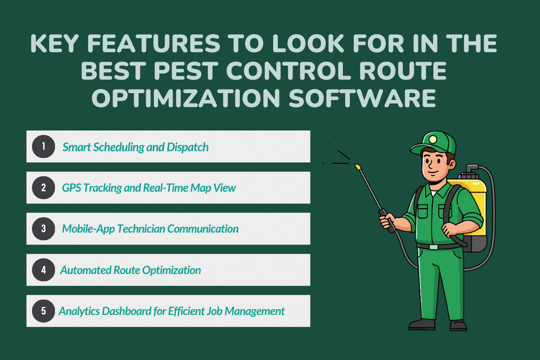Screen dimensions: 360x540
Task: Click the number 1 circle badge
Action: [44, 146]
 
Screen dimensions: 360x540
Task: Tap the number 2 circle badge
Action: [44, 188]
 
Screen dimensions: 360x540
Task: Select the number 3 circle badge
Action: [44, 229]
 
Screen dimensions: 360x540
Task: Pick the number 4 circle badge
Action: [44, 270]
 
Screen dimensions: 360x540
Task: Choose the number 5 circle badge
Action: [44, 311]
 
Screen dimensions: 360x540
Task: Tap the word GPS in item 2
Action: [72, 188]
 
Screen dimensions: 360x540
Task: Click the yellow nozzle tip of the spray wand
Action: [358, 167]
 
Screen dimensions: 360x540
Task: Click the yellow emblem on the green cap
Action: [432, 139]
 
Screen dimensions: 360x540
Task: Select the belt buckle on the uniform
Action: [434, 247]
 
